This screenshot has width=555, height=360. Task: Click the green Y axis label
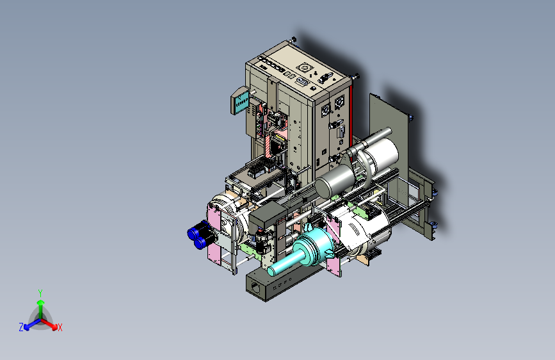40,293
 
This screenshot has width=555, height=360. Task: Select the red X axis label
60,328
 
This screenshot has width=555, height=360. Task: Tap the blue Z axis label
21,327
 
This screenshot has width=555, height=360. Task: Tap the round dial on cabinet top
303,67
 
